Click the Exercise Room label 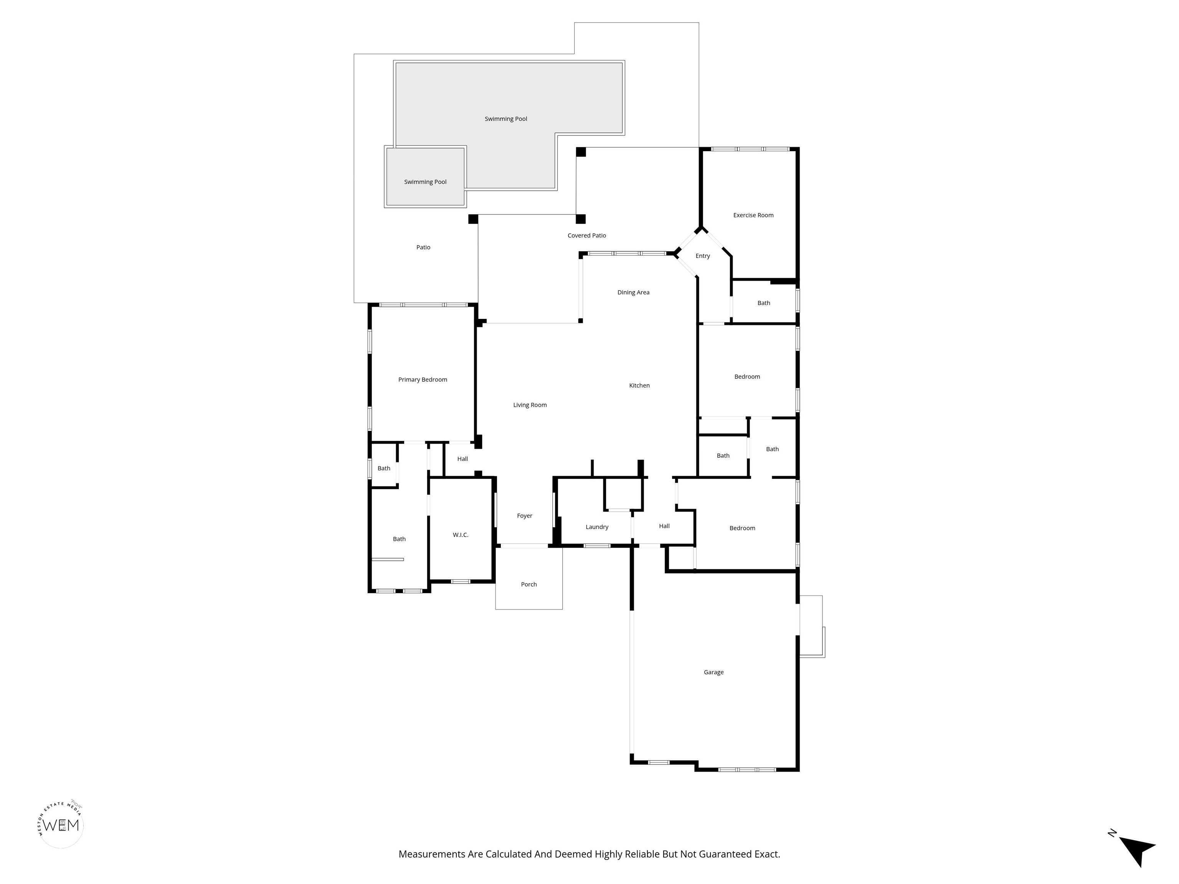[x=753, y=215]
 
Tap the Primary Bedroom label [x=423, y=380]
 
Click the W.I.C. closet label [x=461, y=535]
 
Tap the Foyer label [x=525, y=516]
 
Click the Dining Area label [x=633, y=292]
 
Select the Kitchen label [x=639, y=386]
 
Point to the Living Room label [x=530, y=405]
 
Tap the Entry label [x=702, y=256]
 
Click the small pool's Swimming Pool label [x=425, y=182]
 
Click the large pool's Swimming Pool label [x=506, y=119]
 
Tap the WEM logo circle [x=61, y=825]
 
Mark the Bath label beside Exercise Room [x=764, y=303]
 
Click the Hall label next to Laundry [x=664, y=526]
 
